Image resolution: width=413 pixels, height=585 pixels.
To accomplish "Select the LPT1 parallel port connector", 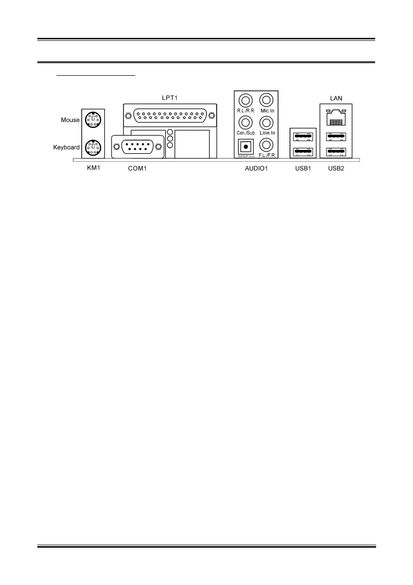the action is tap(170, 116).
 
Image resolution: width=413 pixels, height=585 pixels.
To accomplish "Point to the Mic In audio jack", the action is tap(266, 100).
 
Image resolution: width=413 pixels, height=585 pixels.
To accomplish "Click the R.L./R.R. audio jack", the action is tap(245, 100).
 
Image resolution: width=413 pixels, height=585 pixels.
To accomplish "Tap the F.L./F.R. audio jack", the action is tap(266, 145).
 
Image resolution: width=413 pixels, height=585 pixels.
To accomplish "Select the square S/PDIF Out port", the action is tap(245, 146).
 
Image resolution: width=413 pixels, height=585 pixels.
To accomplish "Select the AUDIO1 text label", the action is tap(255, 169).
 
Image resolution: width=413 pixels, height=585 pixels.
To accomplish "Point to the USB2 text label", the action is tap(337, 169).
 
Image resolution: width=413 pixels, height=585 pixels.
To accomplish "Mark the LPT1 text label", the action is tap(170, 97).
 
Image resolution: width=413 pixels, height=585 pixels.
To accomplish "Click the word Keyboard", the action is tap(66, 147).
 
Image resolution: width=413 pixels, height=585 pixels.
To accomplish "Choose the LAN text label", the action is tap(336, 98).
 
